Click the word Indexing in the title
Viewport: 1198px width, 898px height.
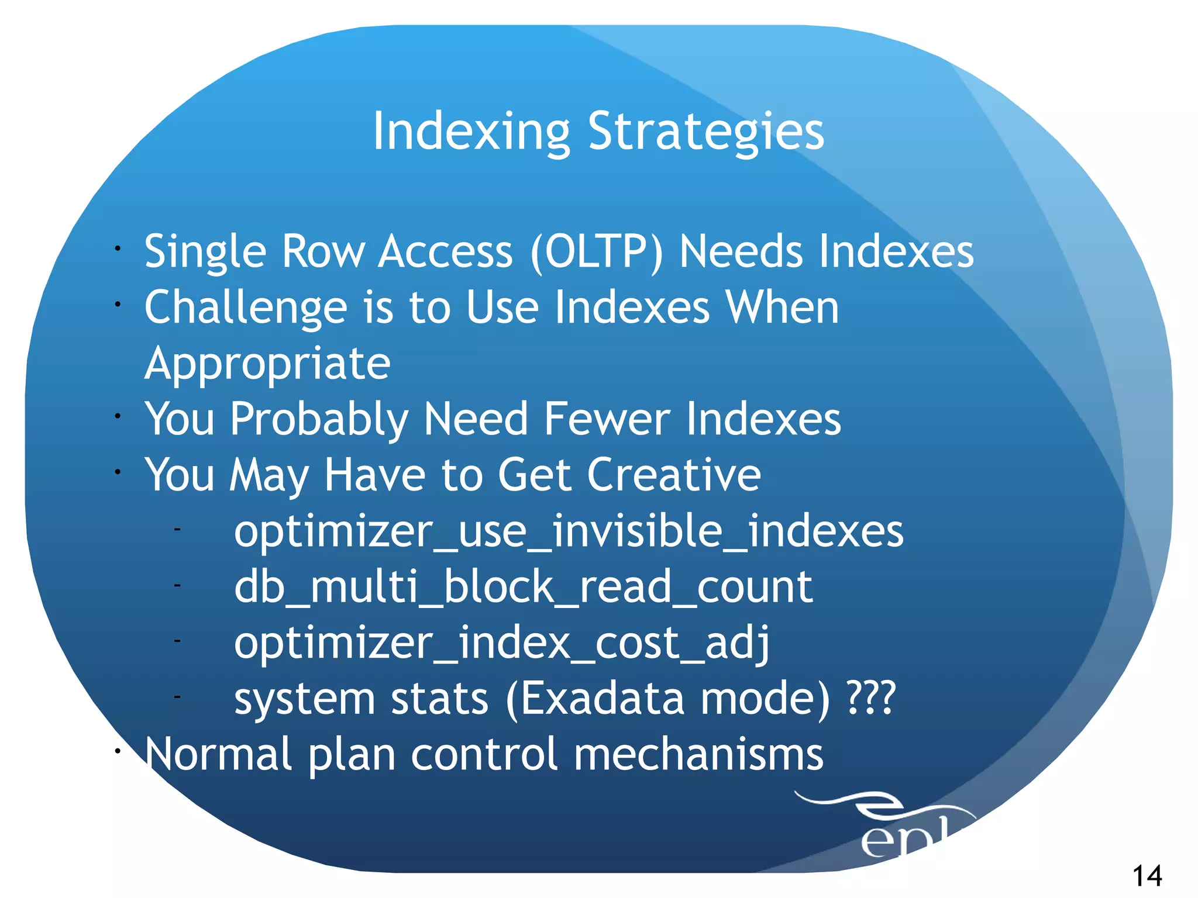[x=471, y=132]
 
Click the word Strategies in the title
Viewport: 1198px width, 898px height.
[x=706, y=132]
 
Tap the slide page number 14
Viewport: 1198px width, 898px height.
[x=1147, y=876]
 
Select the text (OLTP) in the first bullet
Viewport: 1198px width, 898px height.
[x=597, y=252]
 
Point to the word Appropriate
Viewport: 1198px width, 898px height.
[x=267, y=364]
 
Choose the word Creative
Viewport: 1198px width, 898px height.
[x=673, y=475]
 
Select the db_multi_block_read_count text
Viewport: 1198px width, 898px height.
[x=523, y=587]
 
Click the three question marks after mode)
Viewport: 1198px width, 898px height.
[x=872, y=698]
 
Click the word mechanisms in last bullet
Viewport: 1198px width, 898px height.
[x=698, y=754]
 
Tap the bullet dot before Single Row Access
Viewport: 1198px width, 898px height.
[x=118, y=248]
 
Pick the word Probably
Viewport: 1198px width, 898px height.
[x=319, y=420]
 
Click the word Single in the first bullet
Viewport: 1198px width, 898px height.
[x=205, y=252]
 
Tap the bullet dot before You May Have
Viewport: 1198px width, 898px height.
[x=118, y=471]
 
